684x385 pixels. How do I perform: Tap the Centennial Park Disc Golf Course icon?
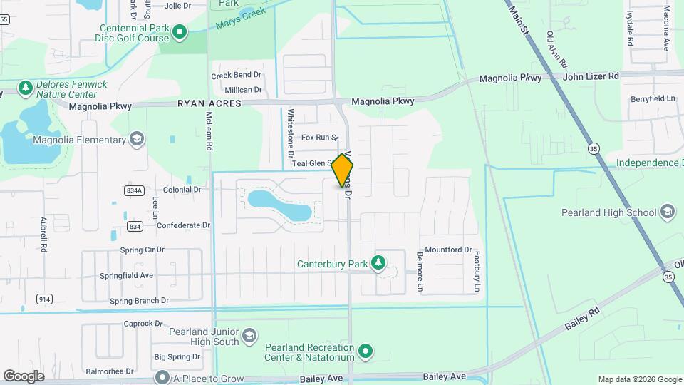180,31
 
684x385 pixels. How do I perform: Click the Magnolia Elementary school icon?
137,140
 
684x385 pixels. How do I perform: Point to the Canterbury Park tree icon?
378,264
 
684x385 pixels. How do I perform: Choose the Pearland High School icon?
667,212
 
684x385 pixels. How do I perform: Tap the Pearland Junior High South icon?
249,335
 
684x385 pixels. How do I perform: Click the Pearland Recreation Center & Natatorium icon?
366,351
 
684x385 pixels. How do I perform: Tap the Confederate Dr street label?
183,225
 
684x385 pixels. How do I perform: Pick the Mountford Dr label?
448,250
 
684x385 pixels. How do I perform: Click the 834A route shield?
133,190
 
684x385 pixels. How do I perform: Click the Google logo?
24,376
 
